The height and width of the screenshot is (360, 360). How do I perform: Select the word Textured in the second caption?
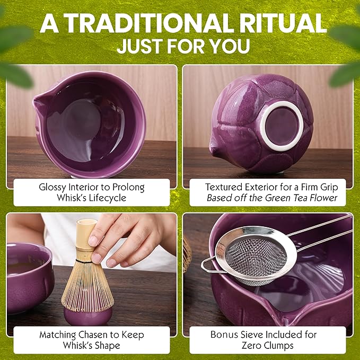(x=222, y=187)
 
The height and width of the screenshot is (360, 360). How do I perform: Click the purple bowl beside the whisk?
(x=29, y=276)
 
